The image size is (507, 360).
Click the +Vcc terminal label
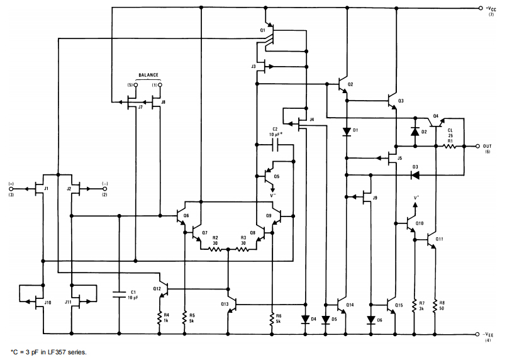(x=491, y=8)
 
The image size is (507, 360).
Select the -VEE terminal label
(x=491, y=334)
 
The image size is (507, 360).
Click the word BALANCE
(x=148, y=74)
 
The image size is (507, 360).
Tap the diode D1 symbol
(x=347, y=132)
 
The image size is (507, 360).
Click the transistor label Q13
(x=225, y=305)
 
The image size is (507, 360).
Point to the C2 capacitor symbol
(x=276, y=146)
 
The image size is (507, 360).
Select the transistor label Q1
(x=262, y=30)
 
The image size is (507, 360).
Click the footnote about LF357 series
(x=49, y=352)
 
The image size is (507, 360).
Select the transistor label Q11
(x=439, y=240)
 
